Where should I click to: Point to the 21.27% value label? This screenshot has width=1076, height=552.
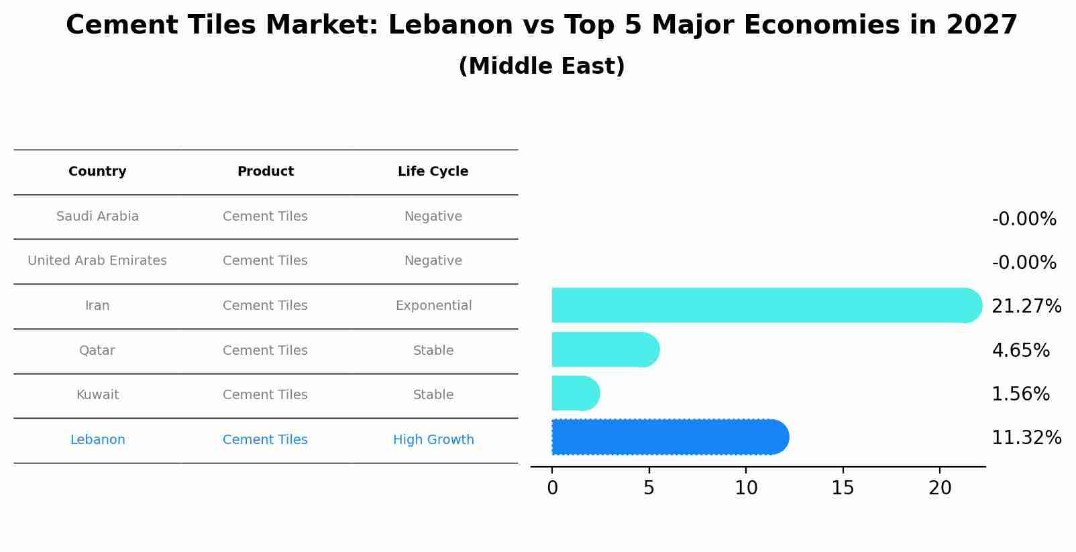click(1026, 307)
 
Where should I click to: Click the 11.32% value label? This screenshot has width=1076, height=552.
click(1026, 438)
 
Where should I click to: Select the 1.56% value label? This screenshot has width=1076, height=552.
click(1020, 394)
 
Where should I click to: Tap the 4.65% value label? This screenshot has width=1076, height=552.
click(1020, 351)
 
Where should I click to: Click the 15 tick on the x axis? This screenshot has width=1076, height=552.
click(843, 488)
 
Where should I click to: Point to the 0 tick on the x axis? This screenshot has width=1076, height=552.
click(552, 488)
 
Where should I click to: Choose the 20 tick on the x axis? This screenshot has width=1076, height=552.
click(940, 488)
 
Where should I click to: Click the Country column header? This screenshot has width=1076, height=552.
click(97, 172)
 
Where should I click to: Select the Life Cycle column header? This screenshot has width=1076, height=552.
click(433, 172)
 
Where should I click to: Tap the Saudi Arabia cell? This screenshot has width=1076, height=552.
click(97, 217)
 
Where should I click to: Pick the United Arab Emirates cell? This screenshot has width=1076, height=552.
click(97, 261)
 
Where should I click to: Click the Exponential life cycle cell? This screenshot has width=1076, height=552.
click(433, 306)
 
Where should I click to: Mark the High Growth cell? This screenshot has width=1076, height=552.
click(433, 440)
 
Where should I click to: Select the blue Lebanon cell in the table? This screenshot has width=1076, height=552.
click(97, 440)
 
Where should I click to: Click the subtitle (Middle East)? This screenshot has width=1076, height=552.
click(541, 66)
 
